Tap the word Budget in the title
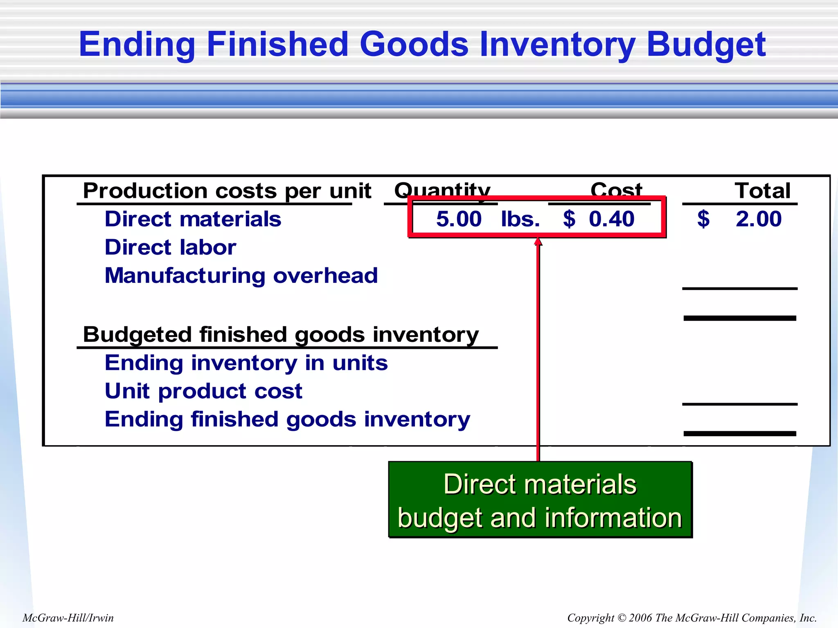706,45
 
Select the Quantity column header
442,190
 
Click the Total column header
762,191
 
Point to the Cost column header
616,190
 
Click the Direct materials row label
193,219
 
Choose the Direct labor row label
170,247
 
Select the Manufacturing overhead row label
241,276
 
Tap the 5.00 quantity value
459,219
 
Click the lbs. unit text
520,219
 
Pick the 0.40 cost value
611,219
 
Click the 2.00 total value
758,219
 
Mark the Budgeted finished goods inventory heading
281,335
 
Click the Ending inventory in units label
246,363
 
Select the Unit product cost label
203,391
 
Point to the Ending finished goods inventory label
287,419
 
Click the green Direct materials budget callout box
540,500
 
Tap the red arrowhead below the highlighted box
538,242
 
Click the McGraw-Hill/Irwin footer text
68,618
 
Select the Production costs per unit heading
227,191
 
